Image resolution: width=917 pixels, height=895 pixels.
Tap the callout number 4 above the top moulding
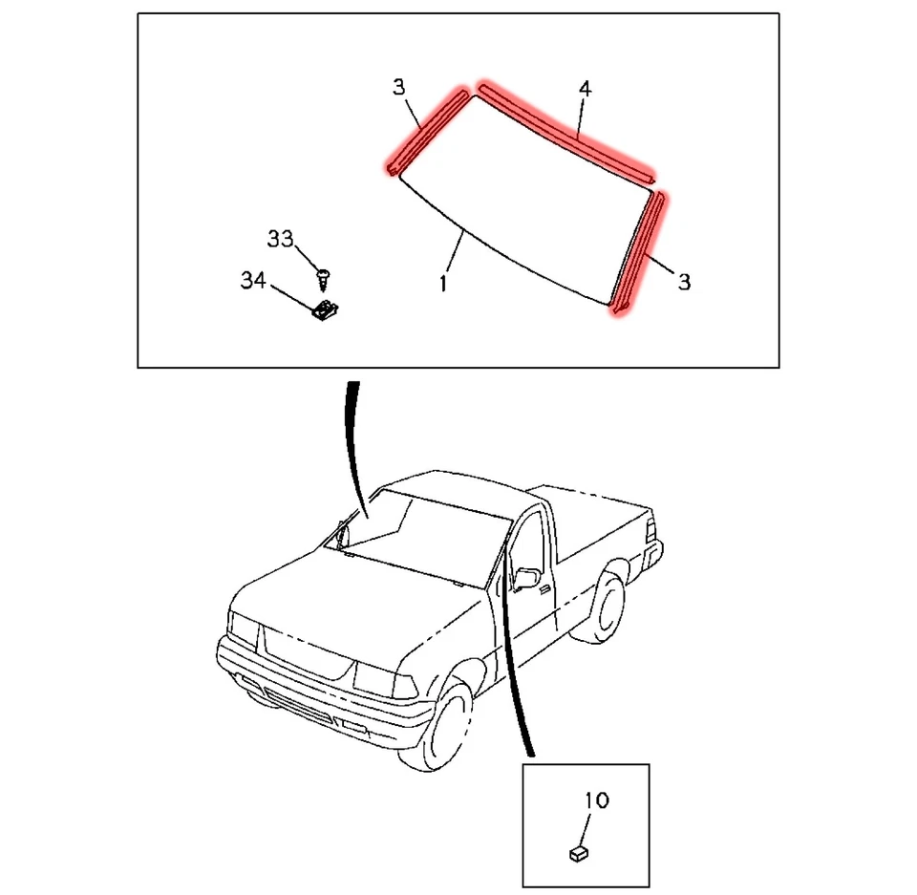586,90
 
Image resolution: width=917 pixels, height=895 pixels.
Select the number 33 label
280,239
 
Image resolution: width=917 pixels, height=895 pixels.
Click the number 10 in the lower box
596,800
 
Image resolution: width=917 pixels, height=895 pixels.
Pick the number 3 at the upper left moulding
399,88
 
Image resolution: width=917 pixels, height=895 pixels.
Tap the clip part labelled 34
329,309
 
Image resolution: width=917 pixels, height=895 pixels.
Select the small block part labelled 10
578,851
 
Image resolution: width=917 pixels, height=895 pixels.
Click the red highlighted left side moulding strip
426,132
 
